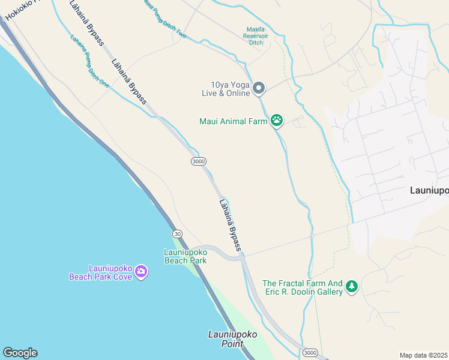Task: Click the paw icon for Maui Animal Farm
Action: tap(276, 121)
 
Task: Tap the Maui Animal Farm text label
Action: tap(233, 121)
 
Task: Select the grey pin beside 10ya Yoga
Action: tap(259, 88)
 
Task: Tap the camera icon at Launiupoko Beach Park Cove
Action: tap(140, 272)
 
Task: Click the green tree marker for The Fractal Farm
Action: tap(352, 287)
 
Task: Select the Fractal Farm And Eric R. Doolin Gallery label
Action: tap(303, 287)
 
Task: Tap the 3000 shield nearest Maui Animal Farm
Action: tap(198, 161)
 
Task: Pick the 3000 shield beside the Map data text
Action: tap(310, 352)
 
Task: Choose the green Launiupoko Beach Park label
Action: tap(185, 256)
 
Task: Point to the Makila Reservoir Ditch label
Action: tap(256, 36)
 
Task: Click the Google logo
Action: tap(19, 353)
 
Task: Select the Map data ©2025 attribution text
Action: tap(423, 355)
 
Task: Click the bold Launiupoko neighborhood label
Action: tap(429, 190)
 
